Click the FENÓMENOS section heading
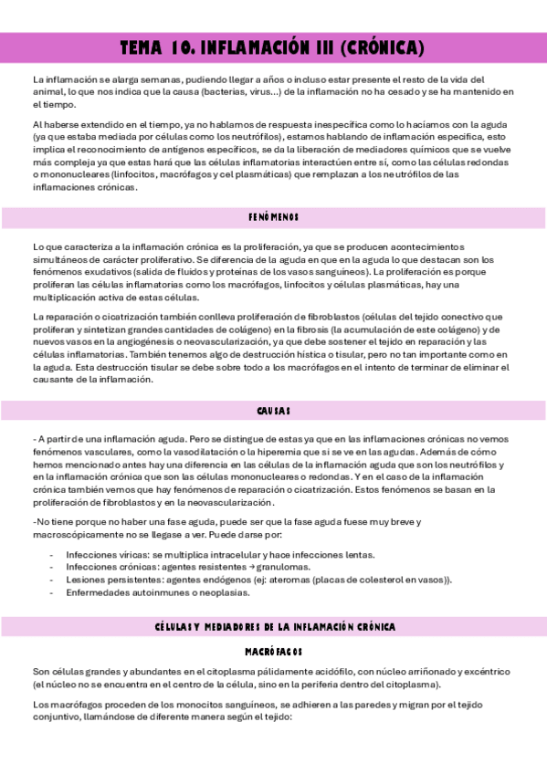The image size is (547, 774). (x=274, y=218)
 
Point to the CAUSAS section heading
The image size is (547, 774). (x=274, y=411)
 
